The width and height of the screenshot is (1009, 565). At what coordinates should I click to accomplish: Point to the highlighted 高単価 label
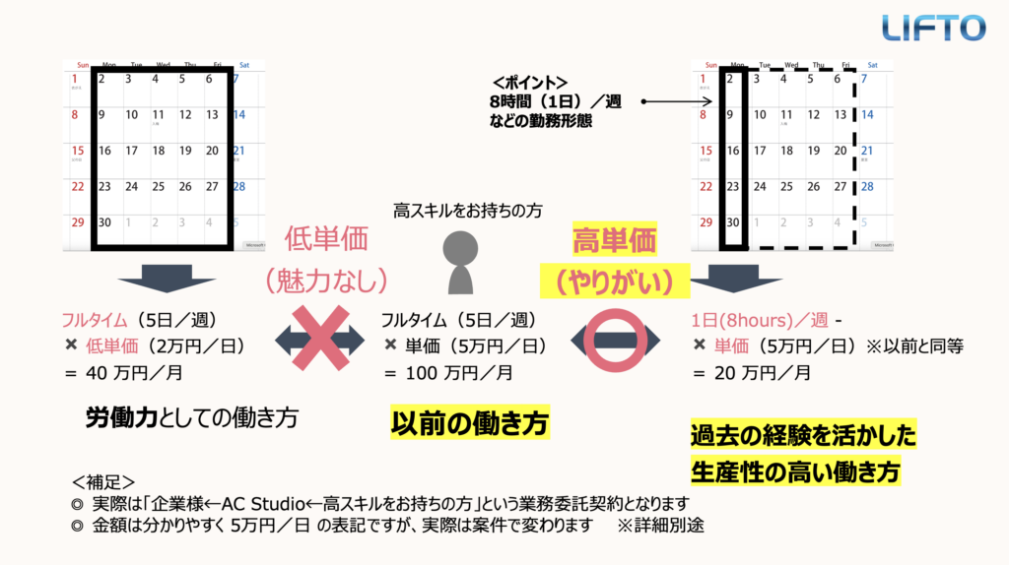pyautogui.click(x=615, y=240)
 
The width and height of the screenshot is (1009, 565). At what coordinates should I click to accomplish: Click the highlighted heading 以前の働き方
pyautogui.click(x=469, y=423)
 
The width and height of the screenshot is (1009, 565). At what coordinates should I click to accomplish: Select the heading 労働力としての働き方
pyautogui.click(x=191, y=416)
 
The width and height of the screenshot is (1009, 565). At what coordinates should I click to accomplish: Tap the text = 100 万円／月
pyautogui.click(x=447, y=373)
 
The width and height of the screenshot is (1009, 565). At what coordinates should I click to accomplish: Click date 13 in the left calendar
pyautogui.click(x=212, y=115)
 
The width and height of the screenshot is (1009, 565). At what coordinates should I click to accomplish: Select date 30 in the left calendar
pyautogui.click(x=104, y=221)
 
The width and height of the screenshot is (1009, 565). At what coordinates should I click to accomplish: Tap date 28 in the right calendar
pyautogui.click(x=867, y=187)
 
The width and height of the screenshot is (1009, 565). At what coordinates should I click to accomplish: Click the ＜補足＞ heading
pyautogui.click(x=103, y=481)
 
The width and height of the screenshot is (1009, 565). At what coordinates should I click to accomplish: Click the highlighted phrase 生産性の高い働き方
pyautogui.click(x=796, y=471)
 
